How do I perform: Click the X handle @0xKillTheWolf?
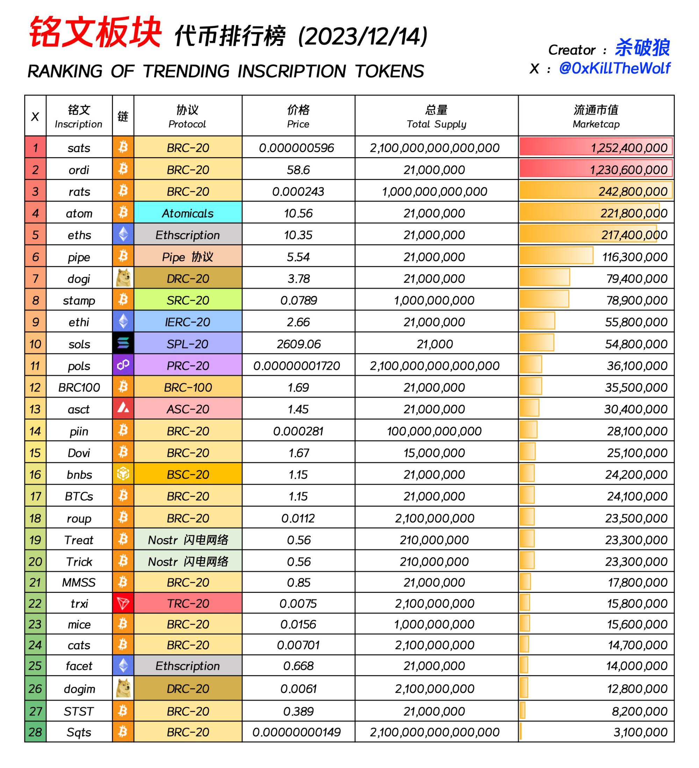tap(614, 68)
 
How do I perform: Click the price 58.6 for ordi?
tap(298, 169)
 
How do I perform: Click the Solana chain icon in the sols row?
tap(123, 343)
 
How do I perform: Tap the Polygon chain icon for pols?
tap(123, 365)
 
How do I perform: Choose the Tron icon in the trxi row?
tap(123, 603)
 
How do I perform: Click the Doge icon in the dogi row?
tap(123, 278)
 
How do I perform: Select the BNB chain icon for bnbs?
tap(123, 474)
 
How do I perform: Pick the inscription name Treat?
tap(79, 540)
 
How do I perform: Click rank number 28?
tap(35, 732)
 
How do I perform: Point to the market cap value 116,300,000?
tap(635, 257)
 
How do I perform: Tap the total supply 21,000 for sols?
tap(434, 344)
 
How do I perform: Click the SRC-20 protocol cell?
tap(188, 300)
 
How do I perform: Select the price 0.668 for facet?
tap(298, 666)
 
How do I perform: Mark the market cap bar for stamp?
tap(544, 299)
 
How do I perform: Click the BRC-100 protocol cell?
tap(188, 387)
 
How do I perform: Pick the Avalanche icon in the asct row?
tap(123, 409)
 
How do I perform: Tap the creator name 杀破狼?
tap(642, 48)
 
